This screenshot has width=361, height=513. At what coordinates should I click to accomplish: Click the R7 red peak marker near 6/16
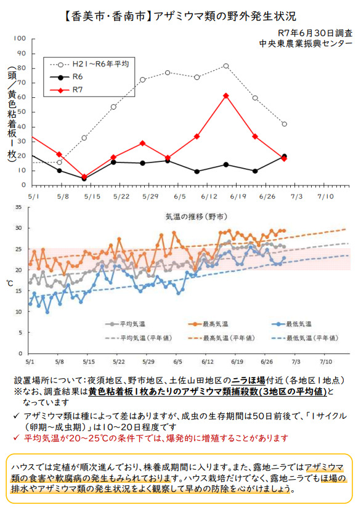(x=226, y=96)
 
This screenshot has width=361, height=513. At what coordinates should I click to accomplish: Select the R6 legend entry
(x=67, y=77)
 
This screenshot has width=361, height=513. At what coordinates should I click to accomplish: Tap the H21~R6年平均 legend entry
(x=89, y=64)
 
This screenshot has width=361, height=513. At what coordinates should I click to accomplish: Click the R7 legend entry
(x=67, y=90)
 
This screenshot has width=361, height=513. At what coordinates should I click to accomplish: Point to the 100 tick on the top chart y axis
(x=20, y=39)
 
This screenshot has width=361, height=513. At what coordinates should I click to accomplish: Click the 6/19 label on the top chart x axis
(x=238, y=196)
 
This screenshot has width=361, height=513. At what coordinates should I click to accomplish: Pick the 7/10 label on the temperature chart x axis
(x=326, y=362)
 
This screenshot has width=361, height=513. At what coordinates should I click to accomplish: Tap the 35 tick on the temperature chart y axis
(x=19, y=207)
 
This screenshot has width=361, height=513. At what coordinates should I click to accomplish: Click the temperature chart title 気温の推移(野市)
(x=196, y=217)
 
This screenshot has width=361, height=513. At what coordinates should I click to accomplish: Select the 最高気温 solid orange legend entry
(x=208, y=324)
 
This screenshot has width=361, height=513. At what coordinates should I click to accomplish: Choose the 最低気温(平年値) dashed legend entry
(x=305, y=338)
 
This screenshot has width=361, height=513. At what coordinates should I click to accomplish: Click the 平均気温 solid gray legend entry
(x=125, y=324)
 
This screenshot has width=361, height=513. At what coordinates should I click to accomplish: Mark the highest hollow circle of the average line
(x=226, y=66)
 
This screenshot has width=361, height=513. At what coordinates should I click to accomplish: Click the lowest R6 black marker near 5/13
(x=84, y=179)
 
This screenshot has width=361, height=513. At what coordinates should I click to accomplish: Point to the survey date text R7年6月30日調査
(x=315, y=33)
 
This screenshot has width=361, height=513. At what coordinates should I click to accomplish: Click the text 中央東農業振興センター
(x=306, y=44)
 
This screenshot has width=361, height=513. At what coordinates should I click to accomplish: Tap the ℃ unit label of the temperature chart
(x=10, y=283)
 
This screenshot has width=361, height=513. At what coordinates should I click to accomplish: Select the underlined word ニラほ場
(x=248, y=381)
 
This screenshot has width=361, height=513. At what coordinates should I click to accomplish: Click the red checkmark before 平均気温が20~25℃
(x=17, y=438)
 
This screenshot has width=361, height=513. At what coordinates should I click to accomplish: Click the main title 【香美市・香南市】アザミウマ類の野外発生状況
(x=180, y=17)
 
